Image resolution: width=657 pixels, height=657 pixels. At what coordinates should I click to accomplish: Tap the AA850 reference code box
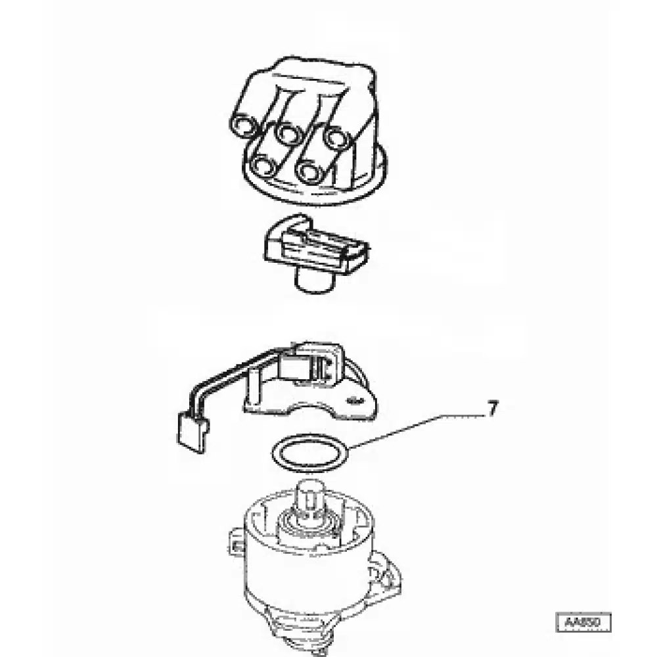(x=583, y=622)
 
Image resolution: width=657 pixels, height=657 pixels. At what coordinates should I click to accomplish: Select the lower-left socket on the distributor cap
(x=264, y=166)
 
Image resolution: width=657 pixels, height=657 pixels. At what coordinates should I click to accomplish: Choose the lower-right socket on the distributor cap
(x=307, y=171)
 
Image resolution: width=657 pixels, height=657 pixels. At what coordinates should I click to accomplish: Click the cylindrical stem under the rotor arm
(x=313, y=281)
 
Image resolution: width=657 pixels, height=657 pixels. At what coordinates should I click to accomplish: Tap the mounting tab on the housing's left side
(x=236, y=540)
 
